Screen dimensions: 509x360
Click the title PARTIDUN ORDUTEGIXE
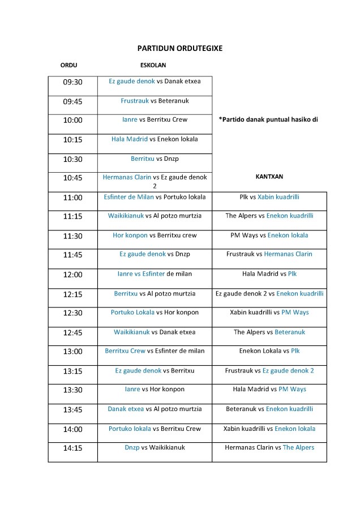coord(179,49)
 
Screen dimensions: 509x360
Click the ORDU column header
coord(68,66)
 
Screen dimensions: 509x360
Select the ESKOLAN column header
coord(153,66)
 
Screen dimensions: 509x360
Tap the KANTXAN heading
coord(269,177)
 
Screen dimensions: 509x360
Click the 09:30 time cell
coord(72,82)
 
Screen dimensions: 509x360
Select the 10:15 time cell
coord(72,139)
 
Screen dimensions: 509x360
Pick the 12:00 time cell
coord(72,275)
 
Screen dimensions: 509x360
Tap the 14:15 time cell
coord(72,448)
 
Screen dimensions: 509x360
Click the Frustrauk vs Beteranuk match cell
coord(155,101)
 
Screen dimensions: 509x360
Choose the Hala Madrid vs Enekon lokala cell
coord(155,139)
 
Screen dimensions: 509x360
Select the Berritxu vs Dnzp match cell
coord(155,159)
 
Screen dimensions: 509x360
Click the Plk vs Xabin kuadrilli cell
coord(269,197)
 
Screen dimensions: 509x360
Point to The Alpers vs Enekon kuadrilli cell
coord(269,216)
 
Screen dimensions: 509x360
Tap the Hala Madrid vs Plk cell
coord(269,274)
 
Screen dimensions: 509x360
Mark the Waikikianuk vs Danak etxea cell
coord(155,332)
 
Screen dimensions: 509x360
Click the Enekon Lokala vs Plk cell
coord(269,351)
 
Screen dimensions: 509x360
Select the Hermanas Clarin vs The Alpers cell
coord(269,447)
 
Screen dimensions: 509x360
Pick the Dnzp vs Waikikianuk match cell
coord(155,447)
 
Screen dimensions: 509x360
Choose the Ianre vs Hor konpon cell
coord(155,390)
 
